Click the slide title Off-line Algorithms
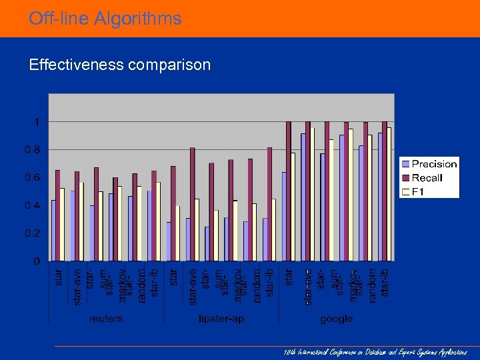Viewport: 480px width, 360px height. (x=105, y=19)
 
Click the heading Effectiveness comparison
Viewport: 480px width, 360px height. (x=119, y=65)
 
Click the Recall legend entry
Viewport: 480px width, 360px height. (x=427, y=178)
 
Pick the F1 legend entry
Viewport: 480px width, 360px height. (x=418, y=192)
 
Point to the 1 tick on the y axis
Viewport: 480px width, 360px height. (x=37, y=122)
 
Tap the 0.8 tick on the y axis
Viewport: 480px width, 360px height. (x=33, y=150)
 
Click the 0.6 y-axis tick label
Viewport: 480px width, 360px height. (x=33, y=178)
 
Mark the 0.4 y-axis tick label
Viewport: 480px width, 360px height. (x=33, y=205)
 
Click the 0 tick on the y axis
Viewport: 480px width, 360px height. (x=37, y=261)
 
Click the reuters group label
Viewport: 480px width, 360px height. (x=106, y=319)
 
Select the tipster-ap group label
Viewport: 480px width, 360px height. (x=221, y=319)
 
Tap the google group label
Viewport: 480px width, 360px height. (x=336, y=319)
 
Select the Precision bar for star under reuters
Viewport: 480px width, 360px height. (x=53, y=230)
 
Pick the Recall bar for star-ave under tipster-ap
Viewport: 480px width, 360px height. (x=193, y=204)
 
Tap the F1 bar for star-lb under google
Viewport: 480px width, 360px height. (x=389, y=194)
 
